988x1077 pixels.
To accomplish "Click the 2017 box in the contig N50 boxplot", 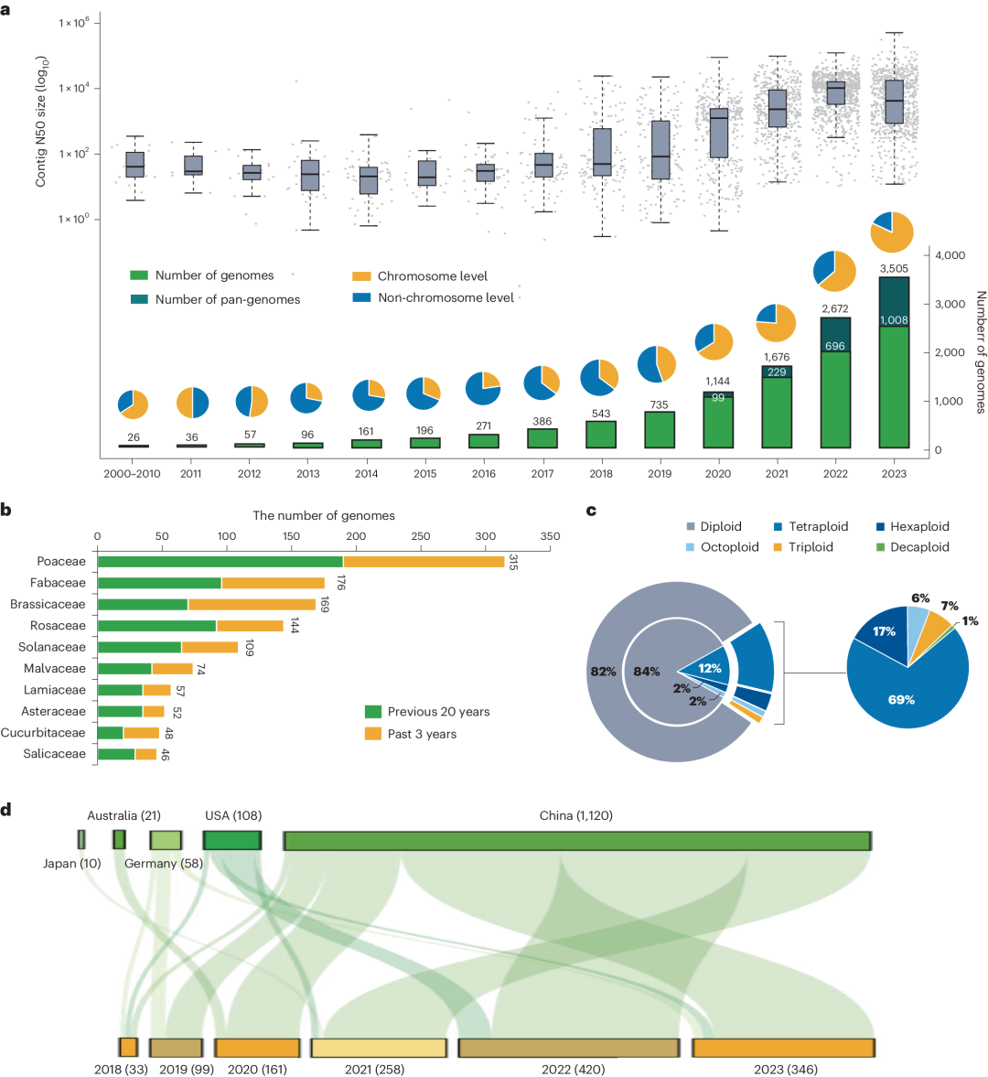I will [543, 165].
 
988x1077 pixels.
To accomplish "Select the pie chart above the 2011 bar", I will [192, 404].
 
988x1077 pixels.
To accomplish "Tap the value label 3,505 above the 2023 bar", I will [893, 268].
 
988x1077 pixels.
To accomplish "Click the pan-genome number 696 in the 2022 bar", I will [834, 347].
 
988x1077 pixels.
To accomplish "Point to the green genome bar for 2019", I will [660, 430].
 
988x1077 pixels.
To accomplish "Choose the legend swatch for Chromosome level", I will [361, 276].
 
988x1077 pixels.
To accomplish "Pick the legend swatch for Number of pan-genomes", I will [139, 299].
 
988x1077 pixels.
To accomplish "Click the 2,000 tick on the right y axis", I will [950, 353].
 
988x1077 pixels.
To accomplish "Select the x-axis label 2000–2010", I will [133, 474].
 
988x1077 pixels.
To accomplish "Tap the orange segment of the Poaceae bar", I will [424, 562].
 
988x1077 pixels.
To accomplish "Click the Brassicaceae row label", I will [48, 605].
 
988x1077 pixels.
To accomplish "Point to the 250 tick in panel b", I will [421, 537].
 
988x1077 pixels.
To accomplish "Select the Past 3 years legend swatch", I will [373, 734].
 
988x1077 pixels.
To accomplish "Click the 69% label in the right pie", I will [901, 700].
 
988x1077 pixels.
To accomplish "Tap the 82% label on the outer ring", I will [604, 672].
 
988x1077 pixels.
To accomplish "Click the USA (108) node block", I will [232, 840].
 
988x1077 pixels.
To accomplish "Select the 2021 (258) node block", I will [379, 1048].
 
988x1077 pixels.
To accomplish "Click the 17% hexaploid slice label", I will [885, 632].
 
